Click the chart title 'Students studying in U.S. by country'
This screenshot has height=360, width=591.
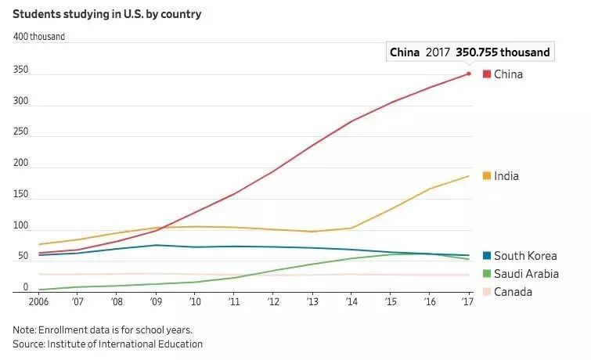click(x=106, y=13)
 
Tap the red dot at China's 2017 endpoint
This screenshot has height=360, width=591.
click(x=469, y=74)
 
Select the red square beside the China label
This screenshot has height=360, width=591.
click(x=486, y=74)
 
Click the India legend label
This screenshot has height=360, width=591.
click(x=506, y=176)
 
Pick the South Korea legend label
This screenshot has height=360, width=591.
click(x=525, y=256)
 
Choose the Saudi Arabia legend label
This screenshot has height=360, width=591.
click(x=526, y=274)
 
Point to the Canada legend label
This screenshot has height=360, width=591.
click(x=513, y=292)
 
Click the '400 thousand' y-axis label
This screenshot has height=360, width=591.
click(x=38, y=37)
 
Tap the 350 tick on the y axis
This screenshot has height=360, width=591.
click(x=20, y=70)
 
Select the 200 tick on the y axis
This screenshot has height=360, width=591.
click(x=20, y=164)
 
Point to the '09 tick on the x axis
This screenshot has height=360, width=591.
click(x=155, y=301)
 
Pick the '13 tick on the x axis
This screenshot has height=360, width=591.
click(x=312, y=301)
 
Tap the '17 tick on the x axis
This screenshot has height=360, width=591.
click(x=468, y=301)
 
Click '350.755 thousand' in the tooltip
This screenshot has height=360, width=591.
click(x=503, y=52)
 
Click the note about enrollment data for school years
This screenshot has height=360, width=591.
click(x=102, y=329)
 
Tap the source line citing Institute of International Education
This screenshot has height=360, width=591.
click(x=107, y=344)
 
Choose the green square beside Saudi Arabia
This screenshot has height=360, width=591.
click(x=486, y=274)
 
